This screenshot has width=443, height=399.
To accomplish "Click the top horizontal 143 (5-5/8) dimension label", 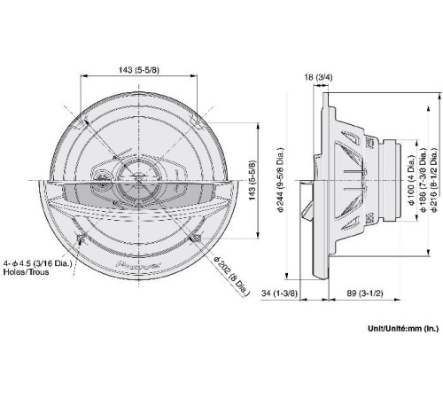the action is point(138,70).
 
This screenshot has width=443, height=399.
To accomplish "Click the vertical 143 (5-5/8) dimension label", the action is point(253,180).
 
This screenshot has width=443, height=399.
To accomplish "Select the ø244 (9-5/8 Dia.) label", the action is point(280,180).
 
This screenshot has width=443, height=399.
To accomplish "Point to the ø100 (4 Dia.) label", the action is point(411,180).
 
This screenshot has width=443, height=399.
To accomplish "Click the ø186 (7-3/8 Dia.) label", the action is point(423,180).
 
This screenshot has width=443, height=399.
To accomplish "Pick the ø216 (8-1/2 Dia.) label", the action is point(433,180).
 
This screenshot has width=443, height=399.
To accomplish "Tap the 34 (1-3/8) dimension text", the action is point(279,293).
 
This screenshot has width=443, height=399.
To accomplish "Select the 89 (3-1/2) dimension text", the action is point(364,293).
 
